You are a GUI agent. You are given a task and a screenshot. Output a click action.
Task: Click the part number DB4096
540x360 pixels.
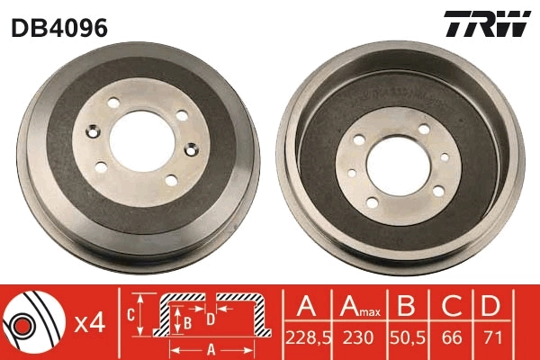[59, 28]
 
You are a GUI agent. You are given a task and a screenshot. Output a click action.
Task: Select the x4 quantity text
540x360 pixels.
[90, 322]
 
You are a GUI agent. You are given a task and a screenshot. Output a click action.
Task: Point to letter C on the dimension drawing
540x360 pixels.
[130, 313]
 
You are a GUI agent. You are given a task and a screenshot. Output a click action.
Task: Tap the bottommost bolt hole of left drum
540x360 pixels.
[170, 181]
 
